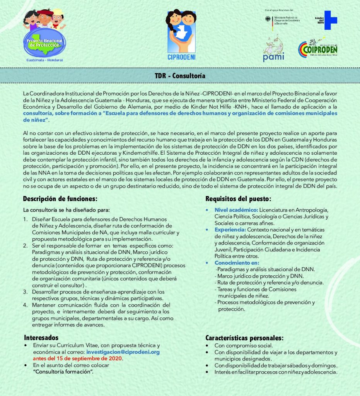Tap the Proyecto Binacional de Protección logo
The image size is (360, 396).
pyautogui.click(x=44, y=37)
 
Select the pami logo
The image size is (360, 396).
pyautogui.click(x=273, y=49)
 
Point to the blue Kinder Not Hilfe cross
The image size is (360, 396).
pyautogui.click(x=331, y=20)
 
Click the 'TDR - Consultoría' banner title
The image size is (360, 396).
pyautogui.click(x=180, y=75)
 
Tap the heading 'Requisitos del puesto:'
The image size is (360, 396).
pyautogui.click(x=238, y=199)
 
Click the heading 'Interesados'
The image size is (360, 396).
pyautogui.click(x=41, y=338)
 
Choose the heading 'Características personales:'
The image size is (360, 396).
pyautogui.click(x=244, y=338)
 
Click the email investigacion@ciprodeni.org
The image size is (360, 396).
pyautogui.click(x=123, y=352)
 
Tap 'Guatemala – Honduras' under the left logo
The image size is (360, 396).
pyautogui.click(x=44, y=60)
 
